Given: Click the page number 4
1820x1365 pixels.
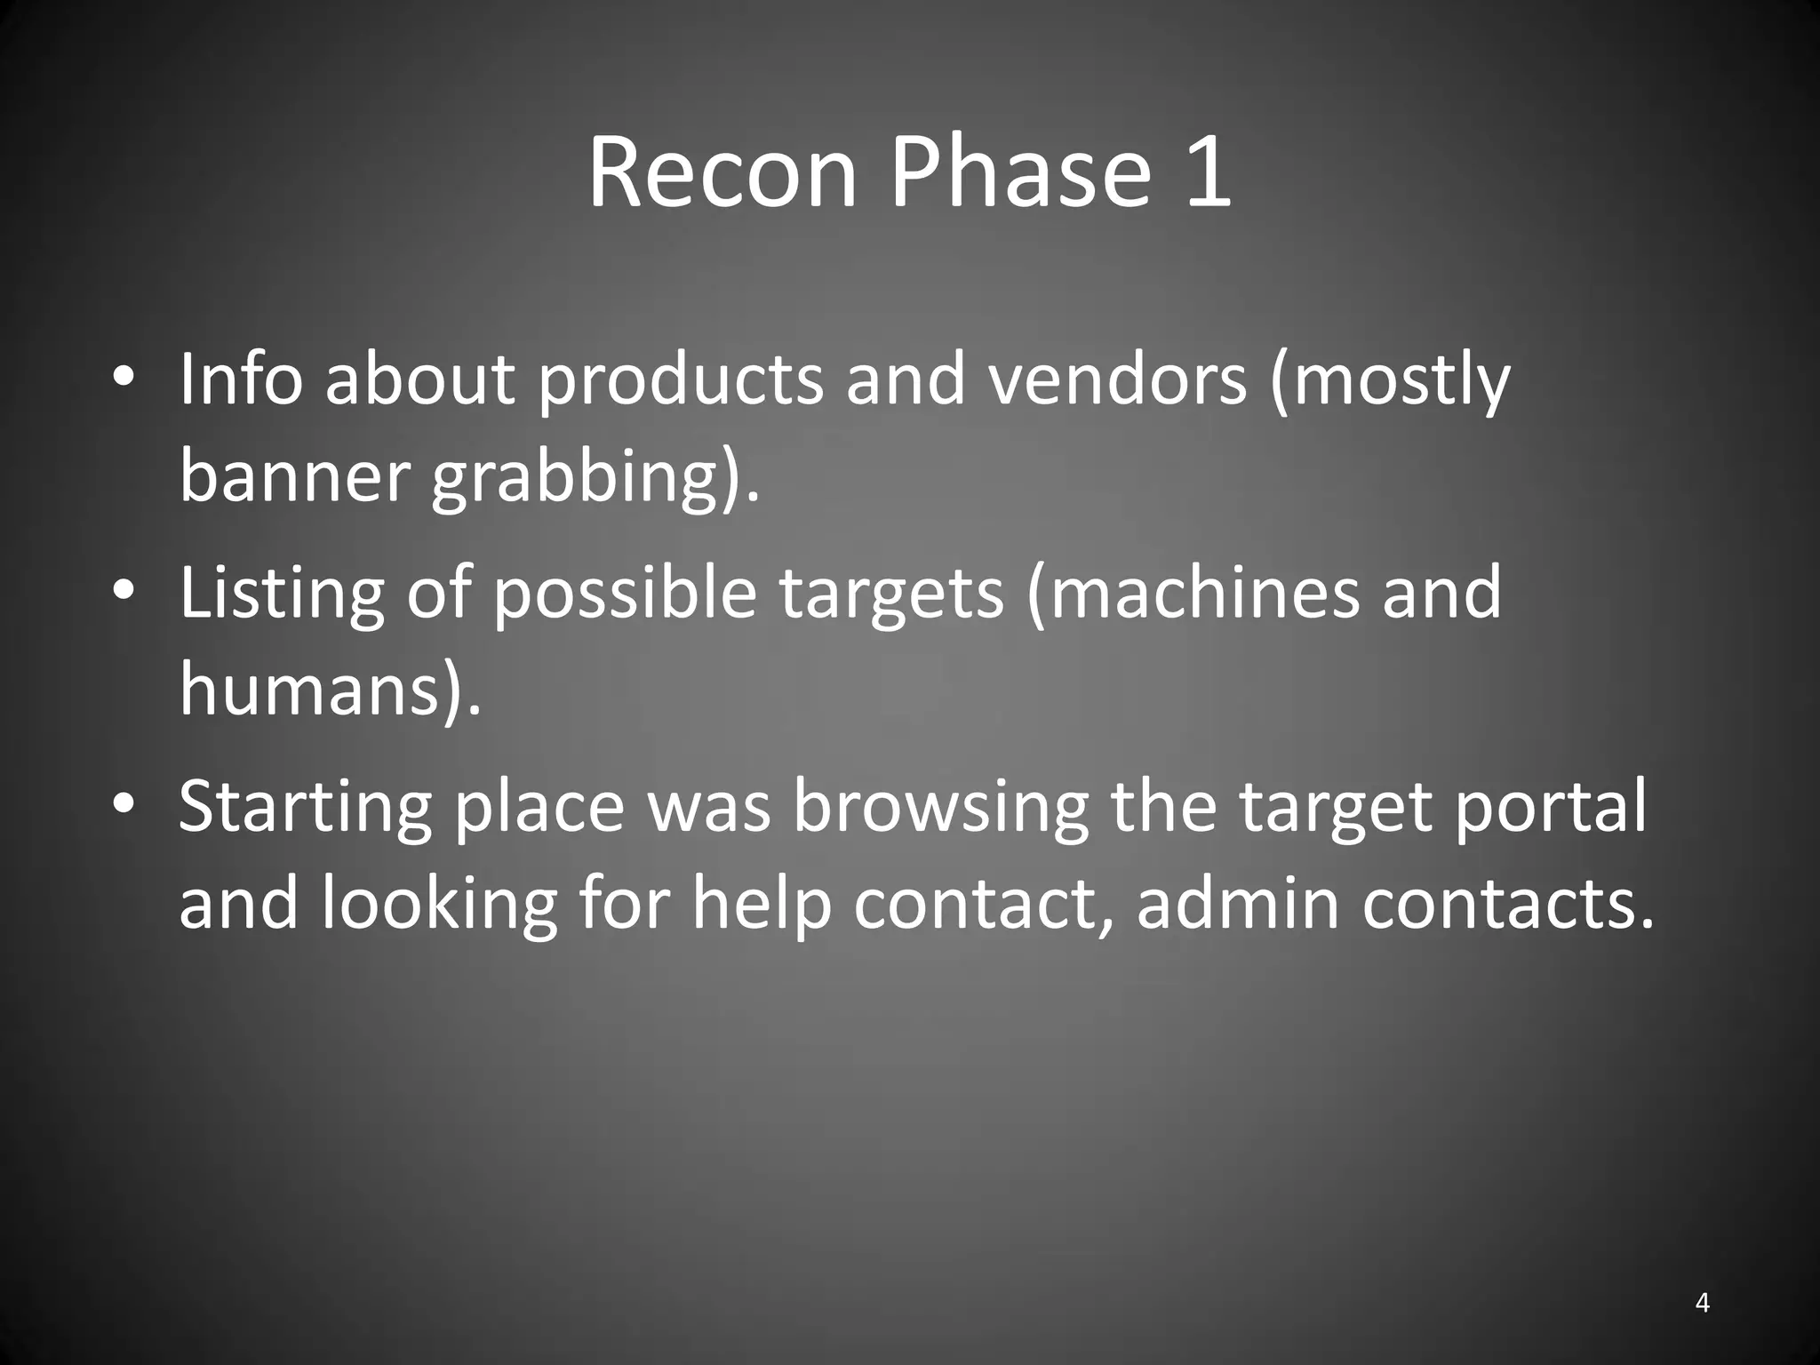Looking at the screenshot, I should click(x=1702, y=1303).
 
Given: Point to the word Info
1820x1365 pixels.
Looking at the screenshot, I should click(x=241, y=379).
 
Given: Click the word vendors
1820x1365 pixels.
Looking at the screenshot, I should click(x=1119, y=379).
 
